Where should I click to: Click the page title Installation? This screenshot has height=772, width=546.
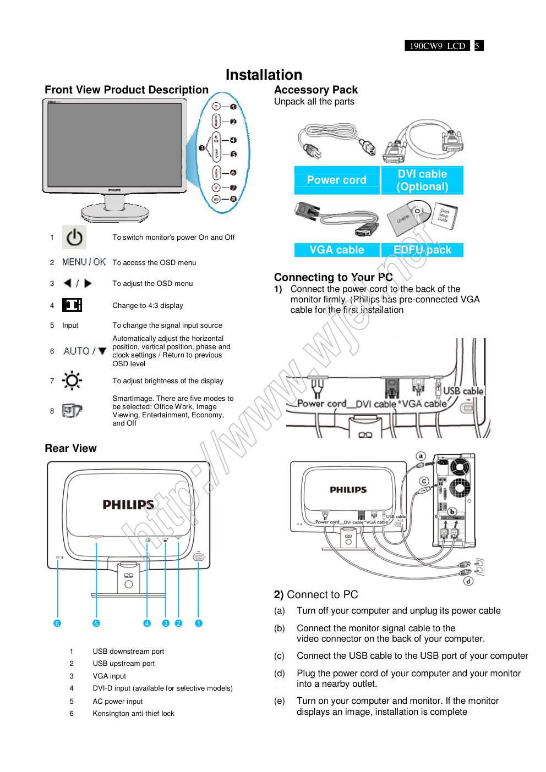coord(264,75)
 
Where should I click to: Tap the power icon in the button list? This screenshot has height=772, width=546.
coord(74,238)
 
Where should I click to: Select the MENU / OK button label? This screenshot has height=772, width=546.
coord(84,262)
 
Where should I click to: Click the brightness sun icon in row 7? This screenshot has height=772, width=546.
coord(72,381)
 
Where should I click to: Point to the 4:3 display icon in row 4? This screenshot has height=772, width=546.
coord(72,305)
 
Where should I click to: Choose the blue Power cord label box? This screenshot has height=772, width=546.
coord(336,180)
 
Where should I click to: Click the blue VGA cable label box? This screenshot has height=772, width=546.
coord(336,250)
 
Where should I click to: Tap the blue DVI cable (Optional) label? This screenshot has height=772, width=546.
coord(422,180)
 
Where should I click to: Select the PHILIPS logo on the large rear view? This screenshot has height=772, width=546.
coord(128,505)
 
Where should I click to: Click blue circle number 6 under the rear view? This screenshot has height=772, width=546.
coord(57,623)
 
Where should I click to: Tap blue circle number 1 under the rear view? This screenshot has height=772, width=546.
coord(199,623)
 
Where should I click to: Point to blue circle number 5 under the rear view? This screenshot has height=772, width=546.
coord(96,623)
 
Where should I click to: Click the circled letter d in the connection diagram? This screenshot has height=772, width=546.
coord(468,581)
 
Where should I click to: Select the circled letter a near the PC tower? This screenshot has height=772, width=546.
coord(421,456)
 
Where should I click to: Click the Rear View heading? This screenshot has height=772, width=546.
coord(70,448)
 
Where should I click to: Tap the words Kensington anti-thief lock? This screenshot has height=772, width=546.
coord(133,714)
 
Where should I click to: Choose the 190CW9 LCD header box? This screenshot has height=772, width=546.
coord(438,46)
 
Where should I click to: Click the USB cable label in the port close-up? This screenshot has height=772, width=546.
coord(463,391)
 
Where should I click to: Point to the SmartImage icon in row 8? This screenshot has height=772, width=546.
coord(72,410)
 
